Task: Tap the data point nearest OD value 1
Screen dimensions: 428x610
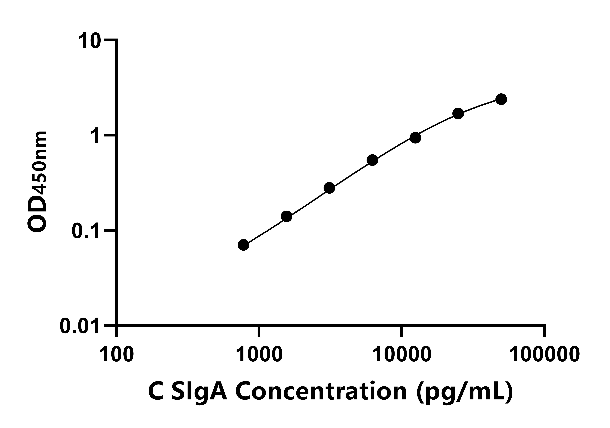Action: tap(415, 138)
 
